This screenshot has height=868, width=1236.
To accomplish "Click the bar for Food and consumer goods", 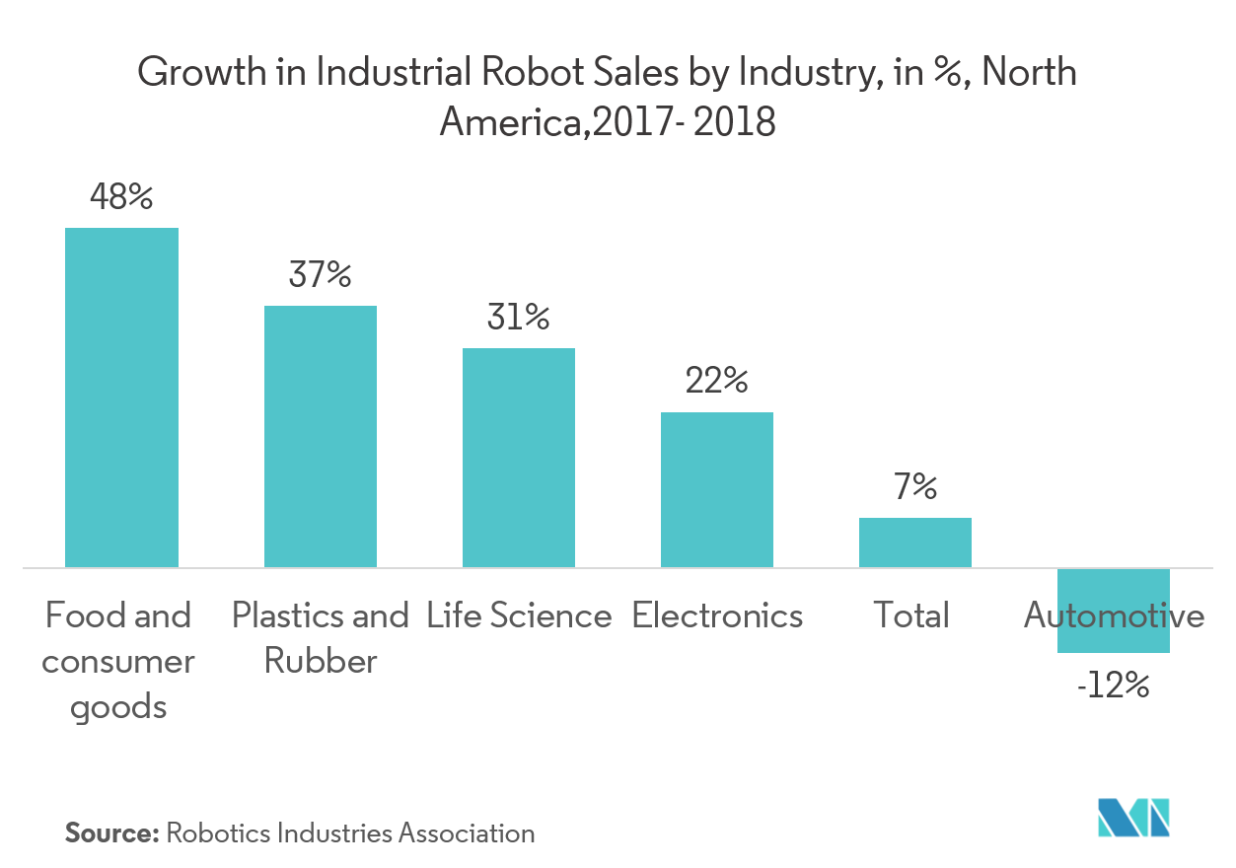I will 121,398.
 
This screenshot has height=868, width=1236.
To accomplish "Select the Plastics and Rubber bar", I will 320,436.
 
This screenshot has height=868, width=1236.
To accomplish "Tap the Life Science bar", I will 519,458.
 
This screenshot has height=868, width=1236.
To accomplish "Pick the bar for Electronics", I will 717,489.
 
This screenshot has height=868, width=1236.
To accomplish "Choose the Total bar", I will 915,542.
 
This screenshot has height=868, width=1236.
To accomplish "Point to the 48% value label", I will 121,197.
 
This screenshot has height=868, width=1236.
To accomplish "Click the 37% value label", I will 320,275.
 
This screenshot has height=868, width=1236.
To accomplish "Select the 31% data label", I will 519,318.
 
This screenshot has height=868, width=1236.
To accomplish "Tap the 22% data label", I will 717,381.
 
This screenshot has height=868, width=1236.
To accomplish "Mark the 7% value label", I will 915,487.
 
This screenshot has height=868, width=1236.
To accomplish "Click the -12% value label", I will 1114,686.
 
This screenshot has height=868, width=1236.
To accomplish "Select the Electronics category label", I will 717,616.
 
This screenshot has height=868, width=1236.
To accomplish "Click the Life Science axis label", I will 519,616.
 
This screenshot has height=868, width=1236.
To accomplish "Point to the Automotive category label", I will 1114,616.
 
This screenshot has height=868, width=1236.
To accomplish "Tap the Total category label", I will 911,616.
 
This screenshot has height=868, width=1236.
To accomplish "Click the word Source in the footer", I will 111,833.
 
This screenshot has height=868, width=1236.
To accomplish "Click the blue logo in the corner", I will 1134,818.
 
